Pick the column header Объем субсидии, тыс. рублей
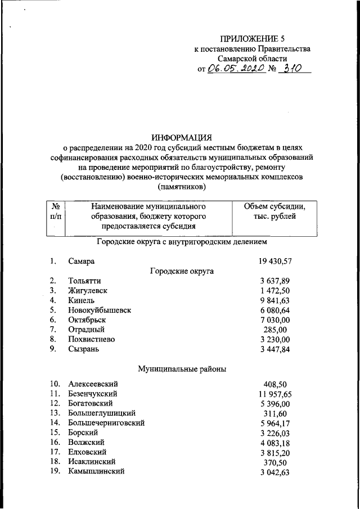click(x=275, y=212)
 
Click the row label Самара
click(x=82, y=262)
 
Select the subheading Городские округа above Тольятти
click(x=182, y=271)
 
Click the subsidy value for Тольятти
click(x=275, y=281)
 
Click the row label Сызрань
click(x=84, y=349)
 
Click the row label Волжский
click(x=87, y=442)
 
